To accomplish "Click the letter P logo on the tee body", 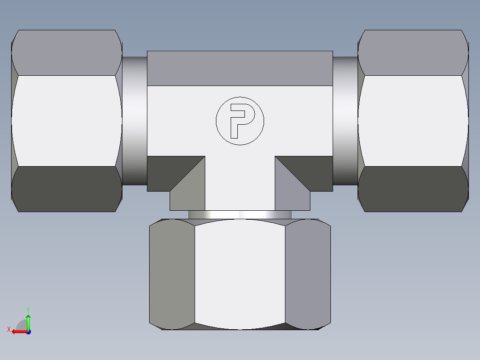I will tap(240, 121).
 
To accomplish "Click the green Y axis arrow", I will tap(28, 321).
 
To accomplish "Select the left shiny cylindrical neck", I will tap(134, 121).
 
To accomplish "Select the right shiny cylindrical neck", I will tap(345, 121).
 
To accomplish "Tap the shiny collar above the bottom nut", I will tap(240, 215).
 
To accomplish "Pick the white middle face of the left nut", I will tap(67, 121).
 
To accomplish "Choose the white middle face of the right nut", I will tap(413, 121).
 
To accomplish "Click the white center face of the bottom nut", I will tap(240, 274).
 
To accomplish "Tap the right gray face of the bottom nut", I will tap(308, 274).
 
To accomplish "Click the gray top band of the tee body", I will tap(240, 68).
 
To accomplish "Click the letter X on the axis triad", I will tap(8, 330).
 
